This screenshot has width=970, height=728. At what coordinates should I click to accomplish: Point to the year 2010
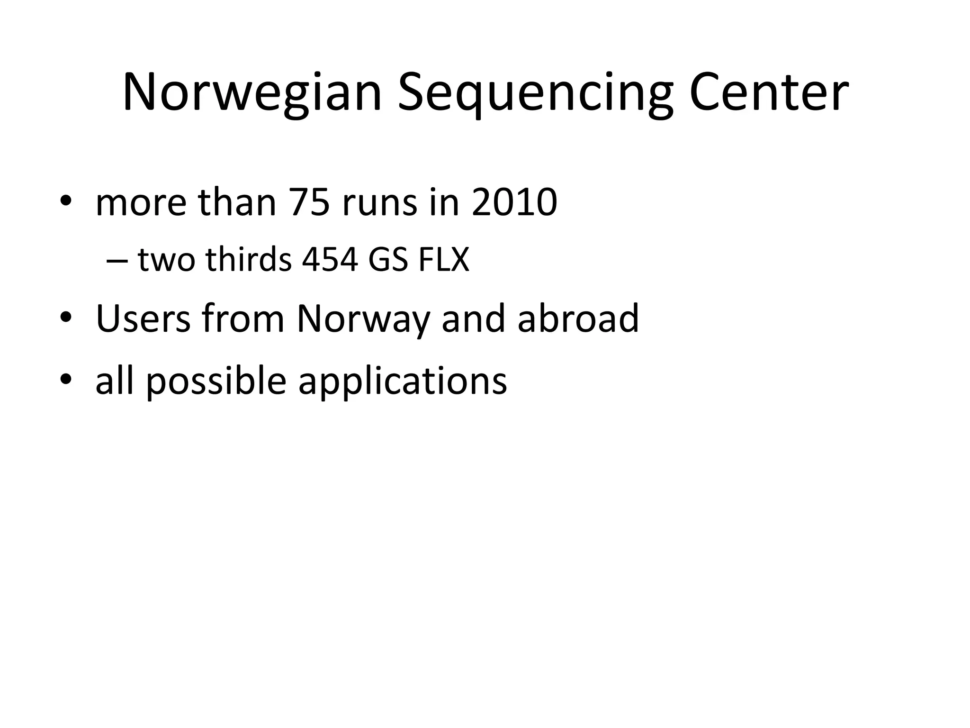(514, 202)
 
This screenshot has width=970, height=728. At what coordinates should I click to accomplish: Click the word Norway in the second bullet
(363, 318)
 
